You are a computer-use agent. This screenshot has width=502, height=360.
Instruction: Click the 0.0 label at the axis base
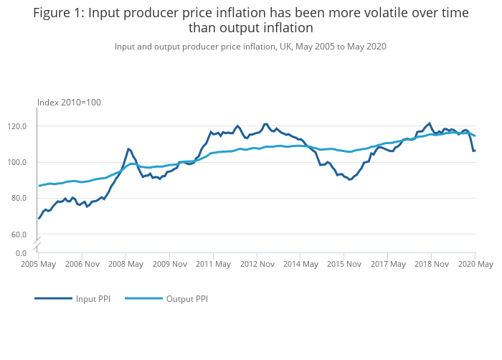21,253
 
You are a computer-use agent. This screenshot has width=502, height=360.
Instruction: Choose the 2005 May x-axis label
38,264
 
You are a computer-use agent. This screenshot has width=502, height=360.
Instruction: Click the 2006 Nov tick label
82,264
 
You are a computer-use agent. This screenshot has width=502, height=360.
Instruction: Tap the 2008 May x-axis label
126,264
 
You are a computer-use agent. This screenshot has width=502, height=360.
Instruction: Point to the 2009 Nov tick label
169,264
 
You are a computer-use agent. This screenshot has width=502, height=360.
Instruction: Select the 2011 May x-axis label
213,264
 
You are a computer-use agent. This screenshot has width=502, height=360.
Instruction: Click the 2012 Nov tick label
257,264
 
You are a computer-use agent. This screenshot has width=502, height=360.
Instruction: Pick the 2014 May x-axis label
300,264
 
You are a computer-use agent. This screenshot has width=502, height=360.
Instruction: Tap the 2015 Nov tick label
344,264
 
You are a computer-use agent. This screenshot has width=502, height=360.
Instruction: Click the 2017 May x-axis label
387,264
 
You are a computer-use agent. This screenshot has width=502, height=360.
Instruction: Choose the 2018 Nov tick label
431,264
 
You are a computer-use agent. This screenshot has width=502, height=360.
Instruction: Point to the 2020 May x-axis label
475,264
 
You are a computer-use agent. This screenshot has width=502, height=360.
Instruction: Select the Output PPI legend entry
186,298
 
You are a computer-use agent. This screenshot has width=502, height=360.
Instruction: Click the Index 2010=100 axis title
69,103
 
